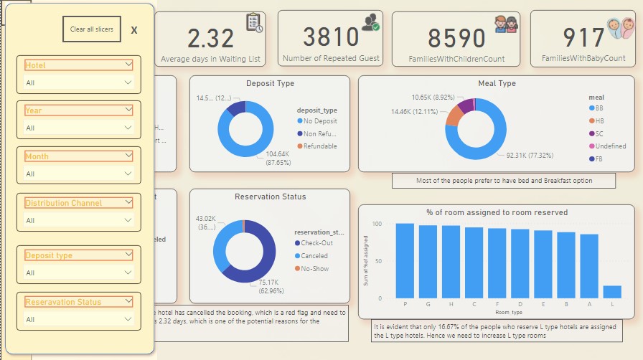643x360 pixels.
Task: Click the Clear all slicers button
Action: tap(87, 29)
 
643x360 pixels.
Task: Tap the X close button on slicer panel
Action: tap(134, 30)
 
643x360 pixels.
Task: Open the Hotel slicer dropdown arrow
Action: tap(128, 65)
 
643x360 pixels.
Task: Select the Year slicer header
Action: tap(78, 110)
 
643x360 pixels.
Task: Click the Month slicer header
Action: tap(78, 156)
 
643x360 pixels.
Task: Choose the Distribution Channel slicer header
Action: tap(78, 203)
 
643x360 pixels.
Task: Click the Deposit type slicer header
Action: tap(78, 255)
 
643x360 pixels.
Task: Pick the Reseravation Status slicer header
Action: tap(78, 302)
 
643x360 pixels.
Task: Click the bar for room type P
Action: tap(405, 260)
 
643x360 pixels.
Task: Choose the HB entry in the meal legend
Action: tap(599, 120)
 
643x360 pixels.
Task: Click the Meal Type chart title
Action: tap(497, 84)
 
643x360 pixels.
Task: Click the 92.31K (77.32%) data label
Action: tap(529, 155)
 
